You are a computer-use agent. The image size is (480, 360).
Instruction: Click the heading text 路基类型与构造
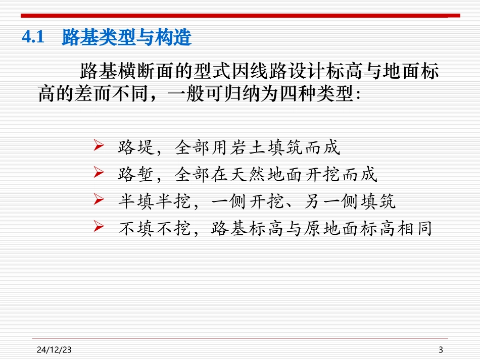pos(126,38)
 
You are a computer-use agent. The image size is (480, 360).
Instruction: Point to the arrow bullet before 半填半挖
pos(99,201)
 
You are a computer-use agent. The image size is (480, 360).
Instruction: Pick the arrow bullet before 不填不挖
pos(99,228)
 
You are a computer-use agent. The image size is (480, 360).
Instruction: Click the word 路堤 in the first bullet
pos(133,147)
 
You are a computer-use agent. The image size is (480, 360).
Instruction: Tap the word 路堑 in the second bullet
pos(133,175)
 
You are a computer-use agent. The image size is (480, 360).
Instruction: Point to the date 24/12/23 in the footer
pos(54,349)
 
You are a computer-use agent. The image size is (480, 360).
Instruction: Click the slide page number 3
pos(441,349)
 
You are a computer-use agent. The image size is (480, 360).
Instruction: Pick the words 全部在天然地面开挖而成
pos(276,175)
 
